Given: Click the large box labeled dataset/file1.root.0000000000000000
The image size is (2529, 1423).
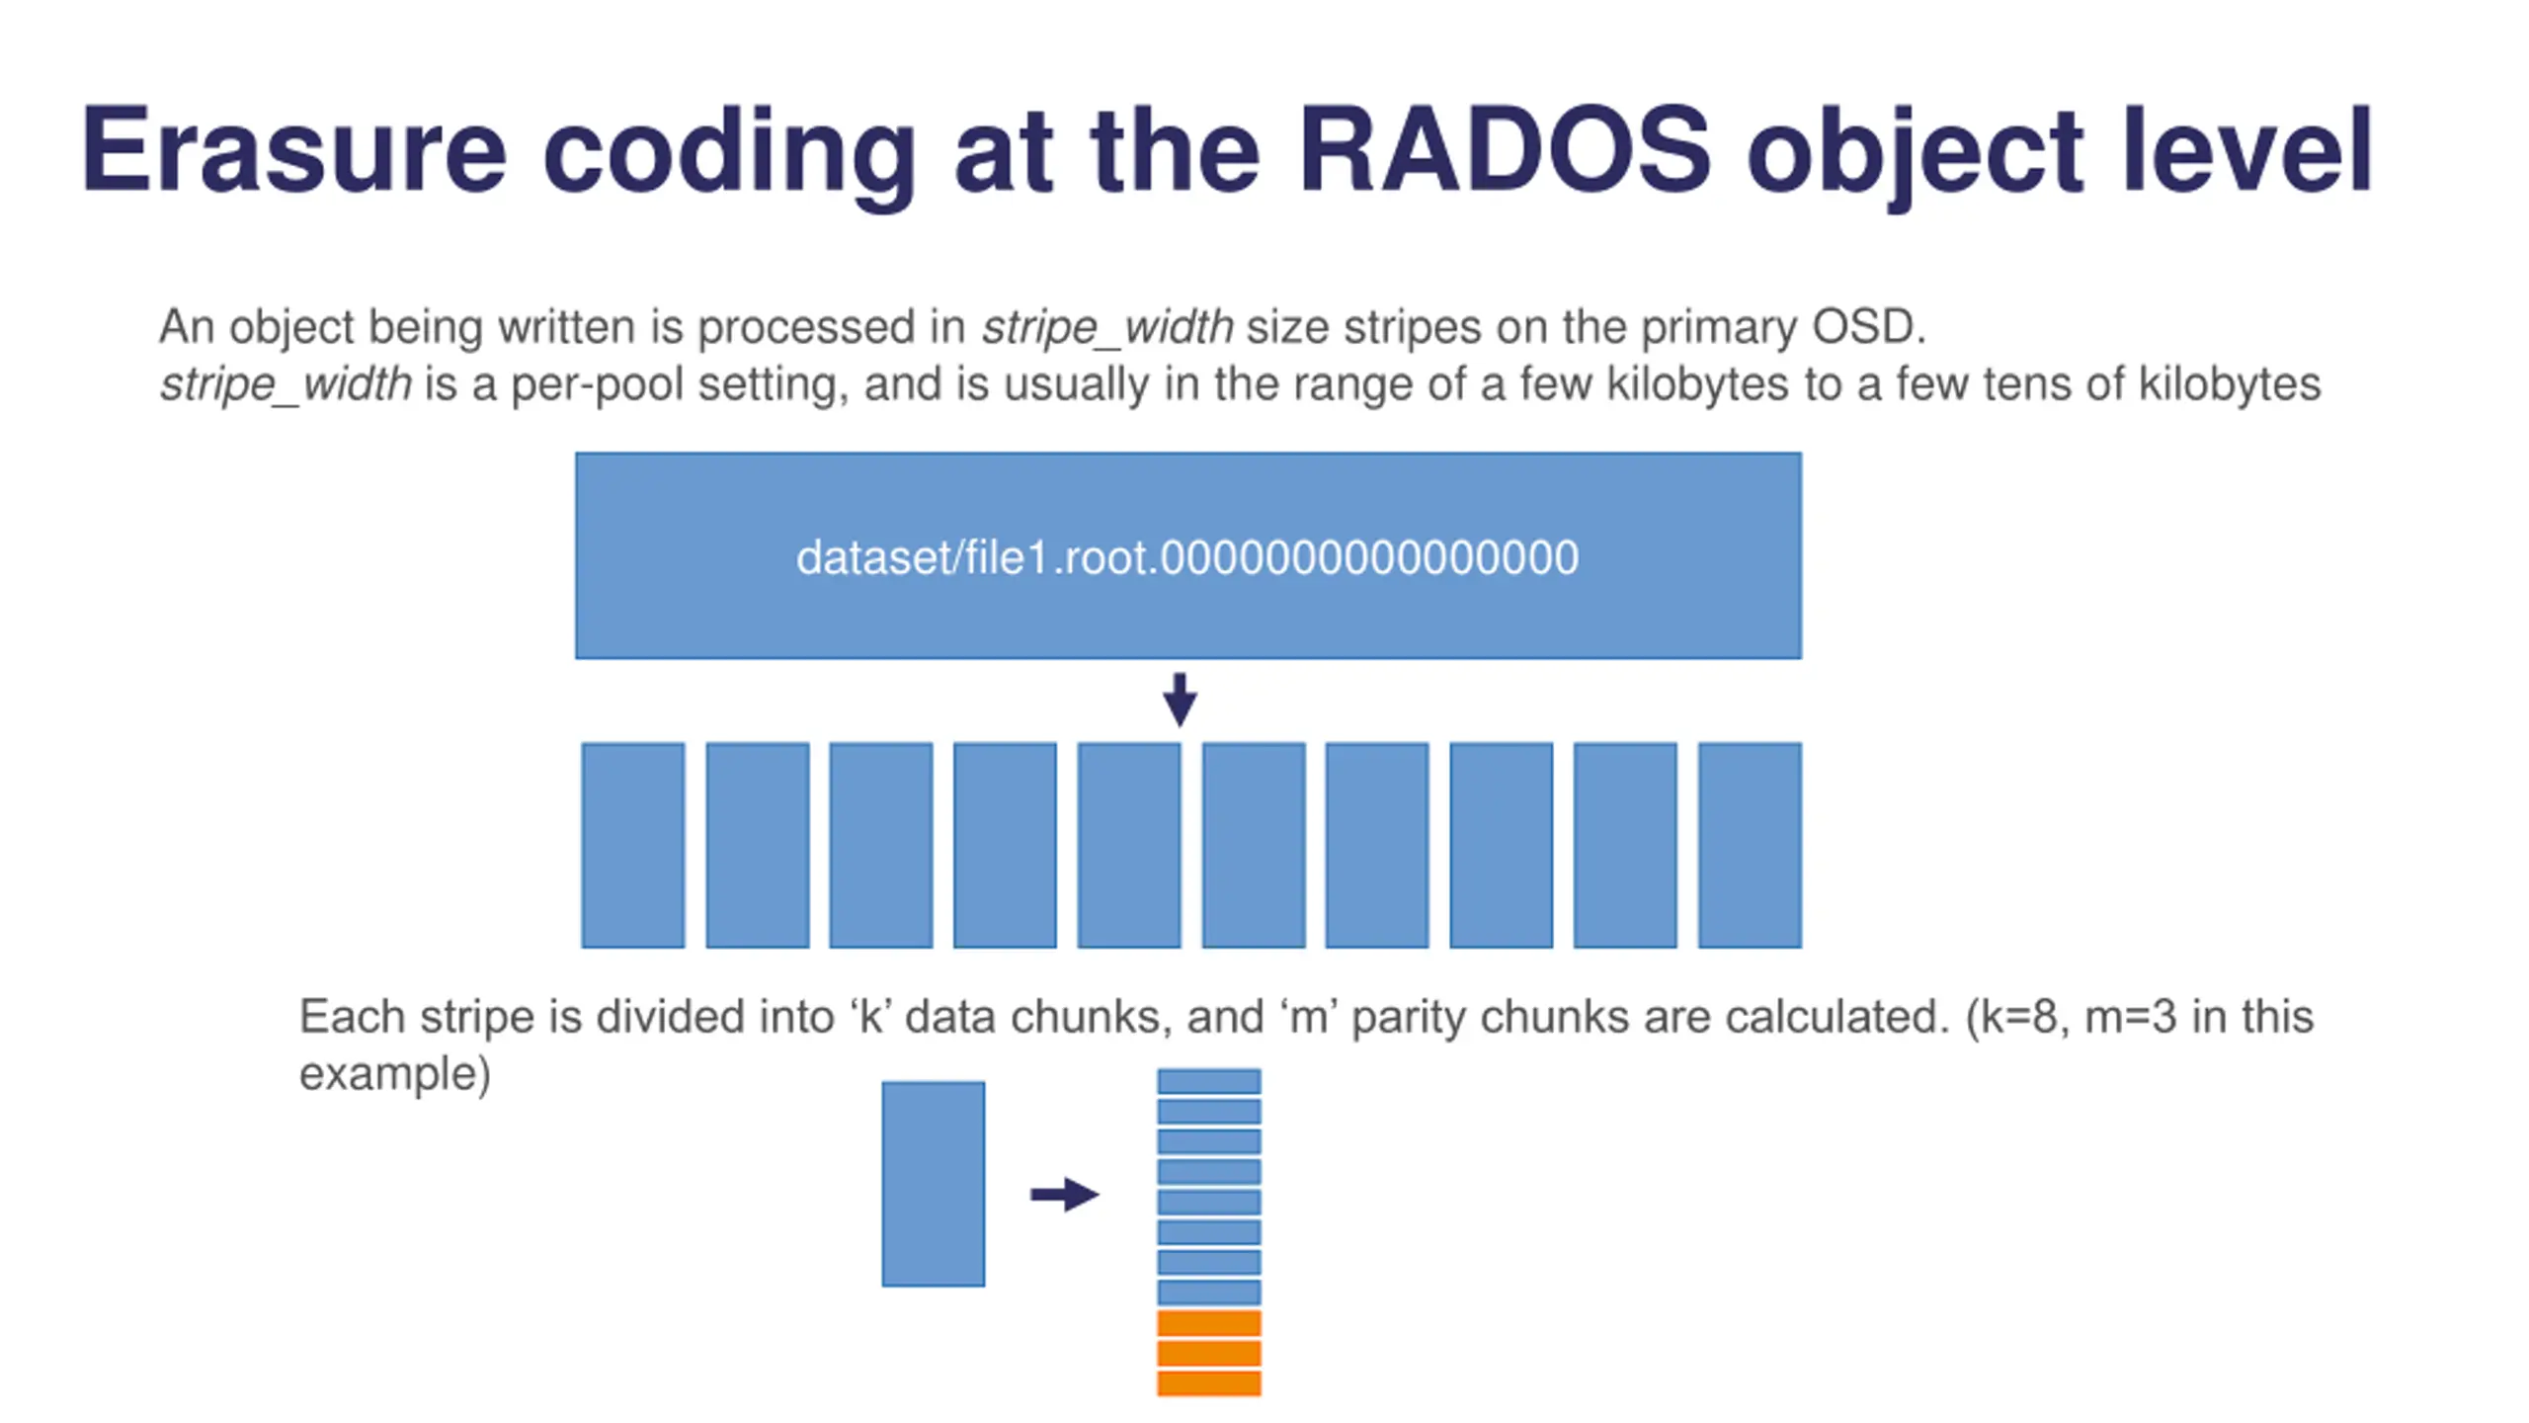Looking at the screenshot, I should (x=1187, y=555).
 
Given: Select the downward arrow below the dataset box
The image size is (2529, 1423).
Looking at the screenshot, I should (x=1180, y=700).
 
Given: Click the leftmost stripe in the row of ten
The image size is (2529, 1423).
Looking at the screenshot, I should (x=632, y=845).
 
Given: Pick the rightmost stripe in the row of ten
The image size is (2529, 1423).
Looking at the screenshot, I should (x=1749, y=845).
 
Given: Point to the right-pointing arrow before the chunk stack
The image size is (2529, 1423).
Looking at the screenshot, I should (x=1064, y=1194).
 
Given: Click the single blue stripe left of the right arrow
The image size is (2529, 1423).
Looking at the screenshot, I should (x=933, y=1184).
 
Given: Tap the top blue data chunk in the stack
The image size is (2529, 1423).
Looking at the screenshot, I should (x=1208, y=1081).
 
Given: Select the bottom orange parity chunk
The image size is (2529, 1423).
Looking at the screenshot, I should (x=1208, y=1382).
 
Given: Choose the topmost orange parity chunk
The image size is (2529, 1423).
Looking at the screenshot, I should (x=1208, y=1322).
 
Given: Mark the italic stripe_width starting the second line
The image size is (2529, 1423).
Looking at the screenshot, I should (x=286, y=384).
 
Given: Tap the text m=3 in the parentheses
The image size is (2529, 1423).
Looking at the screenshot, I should (x=2130, y=1017).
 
